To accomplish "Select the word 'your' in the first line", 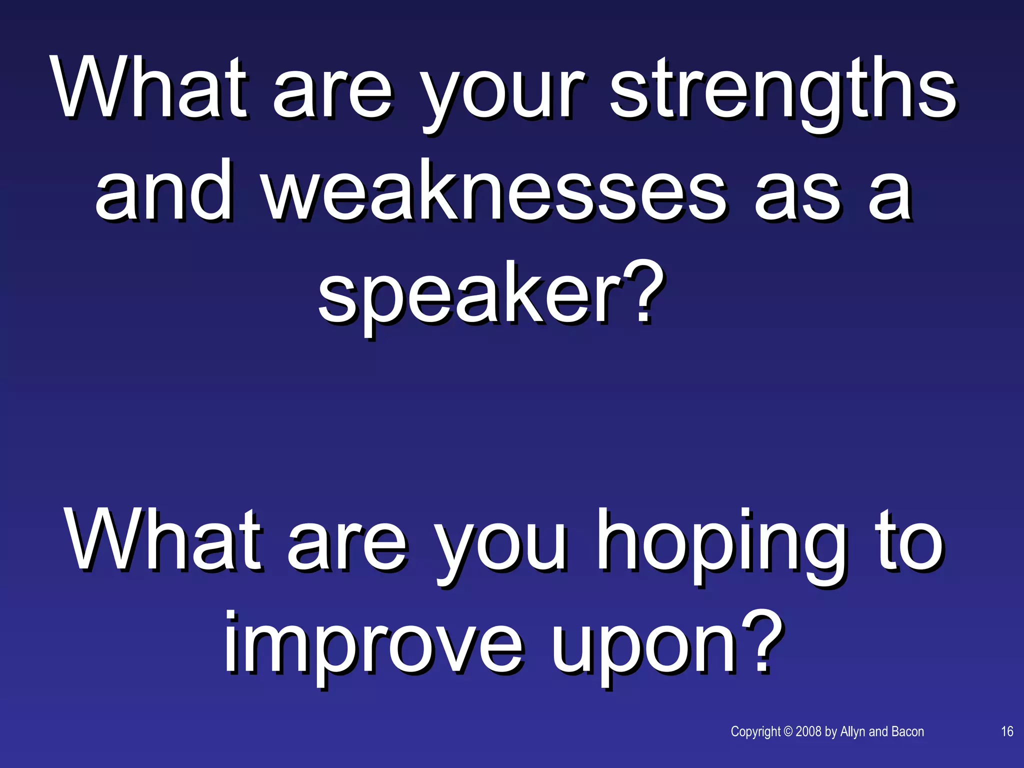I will point(502,95).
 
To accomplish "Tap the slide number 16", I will point(1007,731).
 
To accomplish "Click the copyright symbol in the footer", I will point(788,731).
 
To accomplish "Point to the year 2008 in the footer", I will point(808,731).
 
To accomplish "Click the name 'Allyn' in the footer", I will point(853,731).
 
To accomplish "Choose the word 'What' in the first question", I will point(150,90).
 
